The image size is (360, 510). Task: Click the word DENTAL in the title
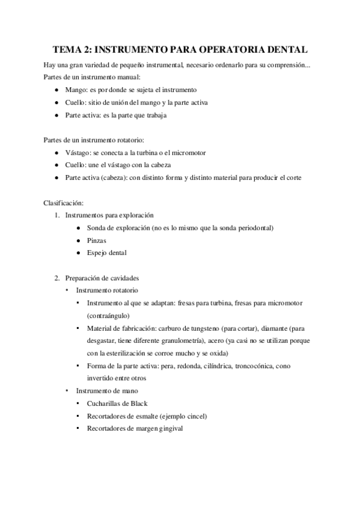pos(280,49)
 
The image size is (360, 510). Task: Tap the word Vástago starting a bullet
pos(79,153)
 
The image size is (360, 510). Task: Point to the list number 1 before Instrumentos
pos(57,215)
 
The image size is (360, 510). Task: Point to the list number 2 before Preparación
pos(57,278)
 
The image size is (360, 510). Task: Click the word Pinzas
pos(97,241)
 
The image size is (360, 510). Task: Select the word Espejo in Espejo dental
pos(97,253)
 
